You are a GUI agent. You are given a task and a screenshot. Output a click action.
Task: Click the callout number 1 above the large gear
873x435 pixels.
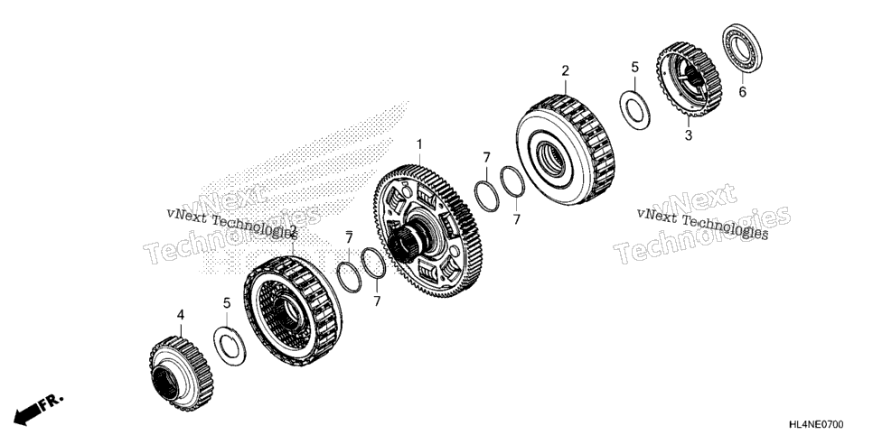coord(419,144)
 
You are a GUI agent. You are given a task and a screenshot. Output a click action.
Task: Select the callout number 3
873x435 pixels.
coord(688,135)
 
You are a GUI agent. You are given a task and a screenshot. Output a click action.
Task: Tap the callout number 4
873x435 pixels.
coord(181,315)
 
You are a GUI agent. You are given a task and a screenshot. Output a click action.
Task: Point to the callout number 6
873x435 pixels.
coord(742,92)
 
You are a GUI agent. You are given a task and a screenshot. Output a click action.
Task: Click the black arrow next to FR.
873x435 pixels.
coord(26,412)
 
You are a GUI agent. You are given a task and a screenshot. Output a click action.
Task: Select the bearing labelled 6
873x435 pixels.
coord(742,49)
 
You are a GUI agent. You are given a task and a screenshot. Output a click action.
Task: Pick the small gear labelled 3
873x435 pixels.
coord(689,79)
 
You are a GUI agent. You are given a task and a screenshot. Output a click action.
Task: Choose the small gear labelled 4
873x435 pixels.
coord(181,374)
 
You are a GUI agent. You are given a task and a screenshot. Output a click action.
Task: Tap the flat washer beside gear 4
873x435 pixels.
coord(230,347)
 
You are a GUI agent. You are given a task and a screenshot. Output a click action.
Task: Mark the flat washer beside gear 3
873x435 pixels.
coord(634,110)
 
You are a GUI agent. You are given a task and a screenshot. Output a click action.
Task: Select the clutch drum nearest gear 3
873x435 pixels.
coord(565,150)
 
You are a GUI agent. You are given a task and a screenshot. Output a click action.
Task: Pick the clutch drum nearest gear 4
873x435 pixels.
coord(292,310)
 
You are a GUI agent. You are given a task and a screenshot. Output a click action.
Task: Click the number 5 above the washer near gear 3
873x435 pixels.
coord(635,68)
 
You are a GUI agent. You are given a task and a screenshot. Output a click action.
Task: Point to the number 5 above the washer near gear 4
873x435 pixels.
coord(227,303)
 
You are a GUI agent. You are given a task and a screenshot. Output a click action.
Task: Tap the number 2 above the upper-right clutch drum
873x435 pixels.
coord(565,70)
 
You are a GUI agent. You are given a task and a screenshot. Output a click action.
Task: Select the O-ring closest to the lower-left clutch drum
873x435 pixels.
coord(349,276)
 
